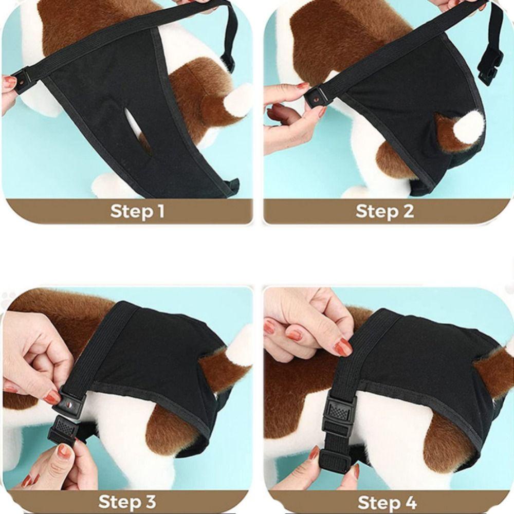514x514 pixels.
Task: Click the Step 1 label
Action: click(x=137, y=211)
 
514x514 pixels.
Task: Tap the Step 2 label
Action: click(x=385, y=211)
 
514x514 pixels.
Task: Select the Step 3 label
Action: click(x=127, y=502)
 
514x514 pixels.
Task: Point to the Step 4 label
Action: click(x=387, y=502)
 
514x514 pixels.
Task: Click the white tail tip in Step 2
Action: click(x=468, y=125)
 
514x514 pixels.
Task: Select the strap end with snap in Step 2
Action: click(x=316, y=97)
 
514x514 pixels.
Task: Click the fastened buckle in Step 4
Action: click(x=339, y=413)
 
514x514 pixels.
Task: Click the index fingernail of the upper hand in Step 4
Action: click(x=343, y=348)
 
